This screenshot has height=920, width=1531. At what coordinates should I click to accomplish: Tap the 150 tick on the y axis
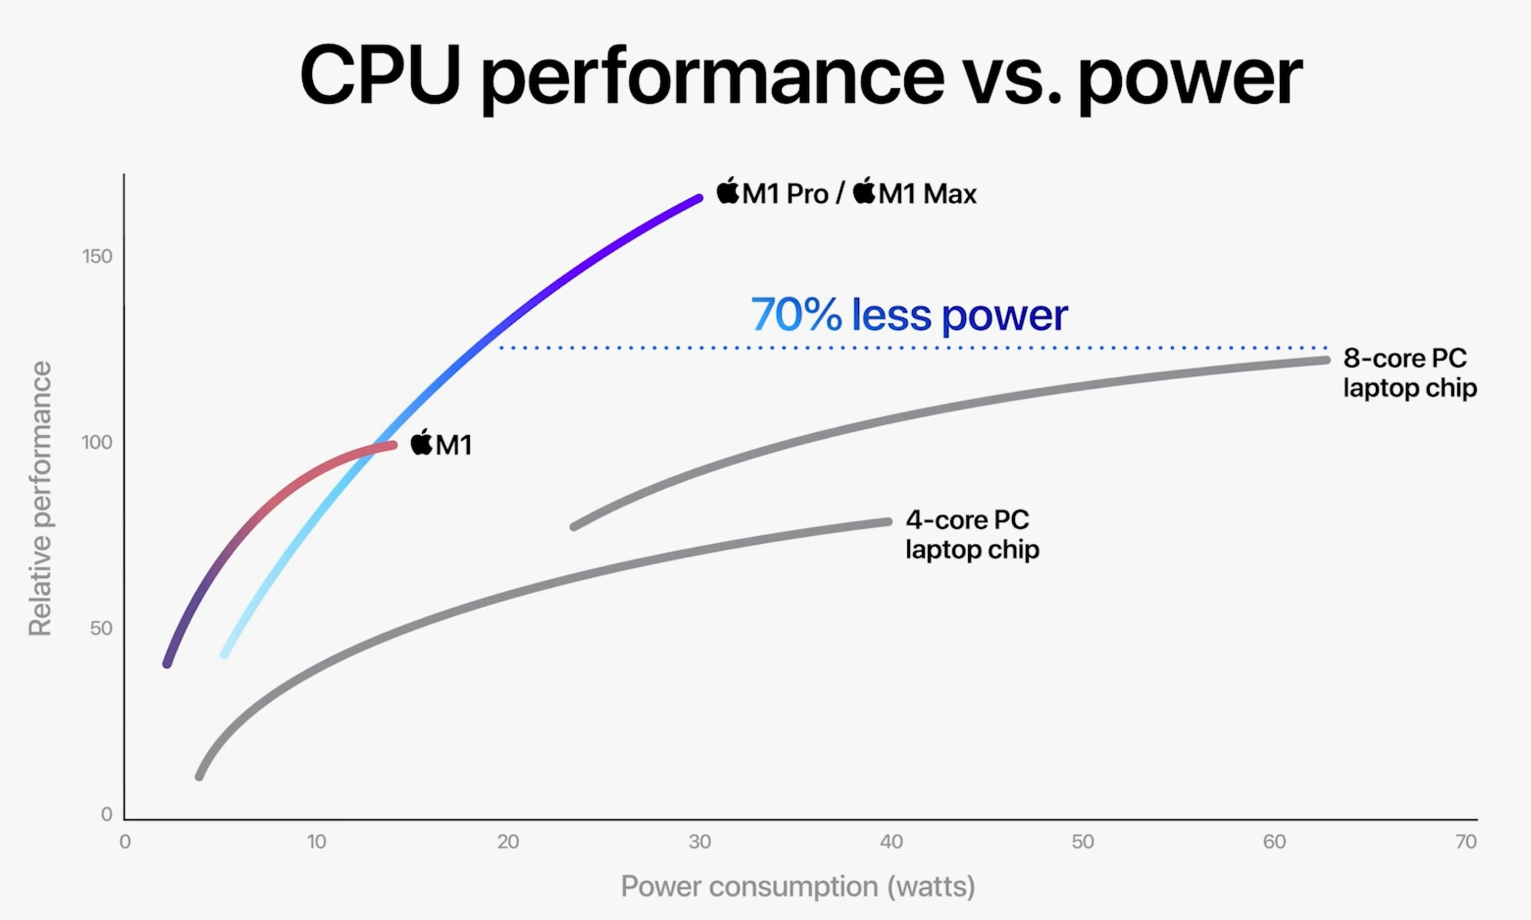[97, 256]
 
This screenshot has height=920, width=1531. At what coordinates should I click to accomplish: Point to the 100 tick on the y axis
[97, 443]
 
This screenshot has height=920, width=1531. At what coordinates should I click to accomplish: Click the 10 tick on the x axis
[316, 842]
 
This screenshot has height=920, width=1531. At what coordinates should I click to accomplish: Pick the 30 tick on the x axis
[699, 842]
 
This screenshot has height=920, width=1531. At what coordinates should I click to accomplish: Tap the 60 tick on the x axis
[1274, 842]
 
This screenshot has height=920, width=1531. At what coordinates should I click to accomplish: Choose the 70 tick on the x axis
[1466, 842]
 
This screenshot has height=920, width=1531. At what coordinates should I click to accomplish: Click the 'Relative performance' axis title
[40, 498]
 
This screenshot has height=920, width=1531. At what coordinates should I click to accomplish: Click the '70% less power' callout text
[909, 315]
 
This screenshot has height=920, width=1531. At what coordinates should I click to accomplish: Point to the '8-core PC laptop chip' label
[1409, 373]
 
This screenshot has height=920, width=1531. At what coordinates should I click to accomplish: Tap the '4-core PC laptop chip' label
[972, 534]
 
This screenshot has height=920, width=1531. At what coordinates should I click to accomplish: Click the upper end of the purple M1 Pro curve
[699, 198]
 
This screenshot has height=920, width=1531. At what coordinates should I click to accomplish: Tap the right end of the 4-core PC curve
[888, 522]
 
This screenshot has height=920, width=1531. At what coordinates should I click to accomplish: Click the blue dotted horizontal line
[911, 348]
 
